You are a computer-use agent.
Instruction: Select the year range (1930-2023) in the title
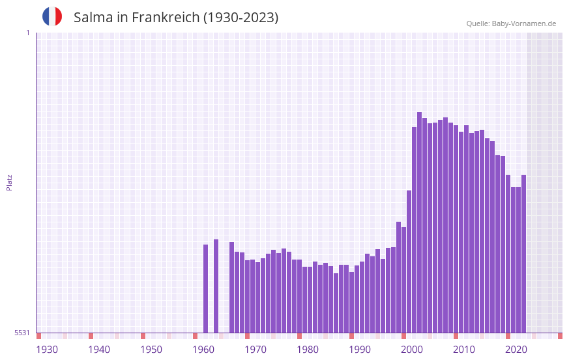tap(241, 18)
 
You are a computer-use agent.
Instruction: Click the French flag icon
tap(52, 16)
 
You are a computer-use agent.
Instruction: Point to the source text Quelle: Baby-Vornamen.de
tap(511, 23)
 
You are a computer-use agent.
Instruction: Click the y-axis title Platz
tap(9, 182)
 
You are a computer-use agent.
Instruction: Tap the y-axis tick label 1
tap(27, 33)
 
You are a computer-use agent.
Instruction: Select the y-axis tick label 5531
tap(22, 333)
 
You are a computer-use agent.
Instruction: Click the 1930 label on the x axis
tap(47, 350)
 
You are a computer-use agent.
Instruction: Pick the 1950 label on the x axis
tap(151, 350)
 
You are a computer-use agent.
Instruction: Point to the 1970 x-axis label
tap(255, 350)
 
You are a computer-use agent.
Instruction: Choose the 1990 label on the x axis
tap(360, 350)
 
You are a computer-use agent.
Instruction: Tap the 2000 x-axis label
tap(412, 350)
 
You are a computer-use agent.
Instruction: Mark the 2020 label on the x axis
tap(516, 350)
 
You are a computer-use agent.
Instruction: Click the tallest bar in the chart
tap(419, 222)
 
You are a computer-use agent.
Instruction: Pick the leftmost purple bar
tap(205, 288)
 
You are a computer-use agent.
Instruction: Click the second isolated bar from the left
tap(216, 286)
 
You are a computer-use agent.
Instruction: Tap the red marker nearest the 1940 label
tap(91, 336)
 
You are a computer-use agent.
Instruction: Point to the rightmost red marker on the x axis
tap(560, 336)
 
